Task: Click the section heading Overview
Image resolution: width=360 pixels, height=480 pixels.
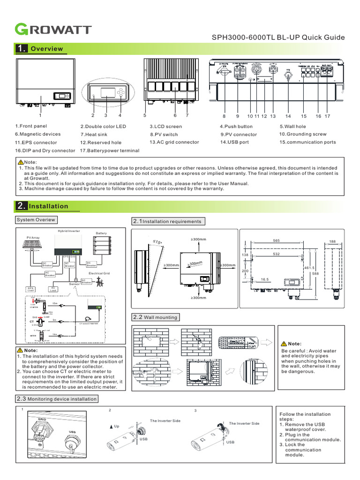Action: (46, 49)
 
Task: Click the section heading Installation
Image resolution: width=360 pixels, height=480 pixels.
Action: (48, 206)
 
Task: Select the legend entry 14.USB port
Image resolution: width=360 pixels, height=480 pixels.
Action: (234, 142)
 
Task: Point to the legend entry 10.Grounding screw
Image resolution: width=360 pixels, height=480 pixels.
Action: (302, 134)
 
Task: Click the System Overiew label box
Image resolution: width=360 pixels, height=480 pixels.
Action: (36, 220)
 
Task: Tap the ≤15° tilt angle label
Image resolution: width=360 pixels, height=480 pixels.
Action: (158, 242)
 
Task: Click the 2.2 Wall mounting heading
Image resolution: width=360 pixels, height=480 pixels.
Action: (156, 317)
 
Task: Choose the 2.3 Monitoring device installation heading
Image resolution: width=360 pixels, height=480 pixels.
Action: (57, 399)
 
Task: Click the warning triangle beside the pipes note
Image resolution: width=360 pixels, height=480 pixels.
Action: (284, 343)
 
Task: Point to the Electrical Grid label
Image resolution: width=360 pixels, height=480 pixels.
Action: (99, 273)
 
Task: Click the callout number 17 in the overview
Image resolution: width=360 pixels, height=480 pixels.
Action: (327, 116)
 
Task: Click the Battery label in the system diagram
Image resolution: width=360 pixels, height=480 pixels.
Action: (101, 233)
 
